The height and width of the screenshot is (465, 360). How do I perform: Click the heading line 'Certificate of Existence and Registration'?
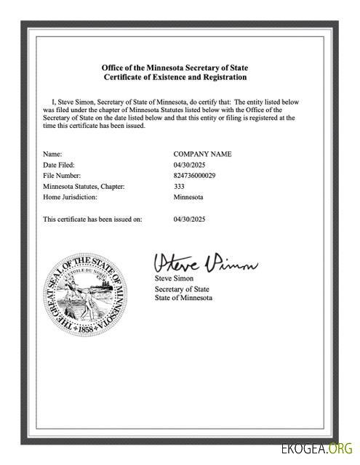coord(175,77)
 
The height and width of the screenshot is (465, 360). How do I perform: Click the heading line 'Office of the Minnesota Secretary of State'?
coord(175,68)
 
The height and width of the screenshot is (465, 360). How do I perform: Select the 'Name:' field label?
coord(52,154)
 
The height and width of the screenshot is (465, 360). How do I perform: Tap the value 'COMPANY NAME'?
coord(202,154)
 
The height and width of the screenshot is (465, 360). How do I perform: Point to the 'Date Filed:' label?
coord(59,165)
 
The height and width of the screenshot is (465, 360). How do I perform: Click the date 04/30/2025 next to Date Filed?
coord(191,165)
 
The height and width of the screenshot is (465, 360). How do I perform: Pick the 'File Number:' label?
coord(61,176)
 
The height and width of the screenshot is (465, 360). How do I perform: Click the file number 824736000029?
coord(194,176)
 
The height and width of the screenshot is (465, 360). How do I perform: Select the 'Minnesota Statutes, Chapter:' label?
coord(84,187)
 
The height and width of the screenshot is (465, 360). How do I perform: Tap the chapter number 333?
coord(179,187)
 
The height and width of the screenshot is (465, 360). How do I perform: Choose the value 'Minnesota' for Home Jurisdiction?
coord(188,197)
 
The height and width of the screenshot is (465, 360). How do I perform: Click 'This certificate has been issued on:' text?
coord(92,219)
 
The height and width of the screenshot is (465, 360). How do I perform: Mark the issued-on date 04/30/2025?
coord(191,219)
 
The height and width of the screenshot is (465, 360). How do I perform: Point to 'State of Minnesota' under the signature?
coord(183,299)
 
